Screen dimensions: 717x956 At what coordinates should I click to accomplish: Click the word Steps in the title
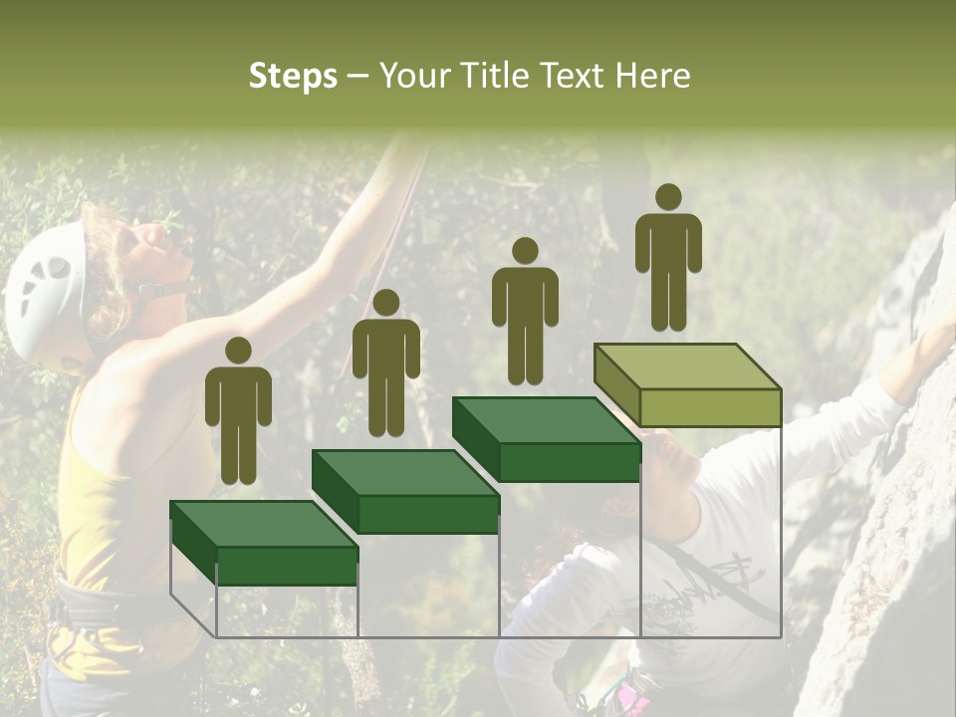pyautogui.click(x=293, y=77)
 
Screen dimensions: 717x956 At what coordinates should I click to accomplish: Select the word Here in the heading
pyautogui.click(x=651, y=76)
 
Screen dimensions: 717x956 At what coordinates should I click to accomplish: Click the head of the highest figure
pyautogui.click(x=668, y=197)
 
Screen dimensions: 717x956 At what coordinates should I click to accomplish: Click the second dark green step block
pyautogui.click(x=405, y=490)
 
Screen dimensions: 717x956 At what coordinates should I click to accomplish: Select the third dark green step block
pyautogui.click(x=546, y=438)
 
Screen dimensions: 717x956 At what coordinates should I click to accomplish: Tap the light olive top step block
pyautogui.click(x=687, y=384)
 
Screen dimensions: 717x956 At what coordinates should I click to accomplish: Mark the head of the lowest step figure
pyautogui.click(x=238, y=351)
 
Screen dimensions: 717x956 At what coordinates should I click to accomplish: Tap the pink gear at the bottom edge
pyautogui.click(x=631, y=697)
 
